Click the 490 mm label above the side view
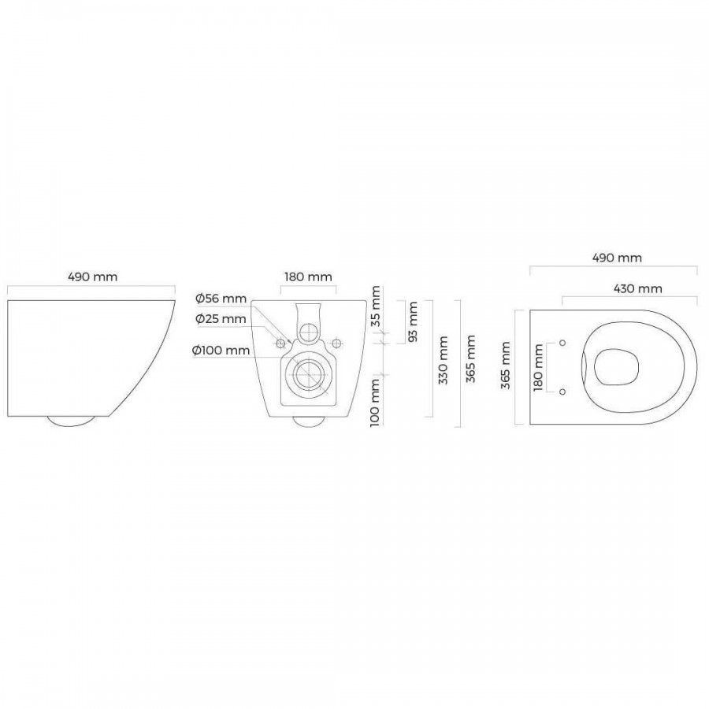[93, 277]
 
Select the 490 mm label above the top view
[617, 258]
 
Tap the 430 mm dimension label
[637, 288]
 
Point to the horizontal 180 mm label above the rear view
[308, 277]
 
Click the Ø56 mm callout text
[221, 299]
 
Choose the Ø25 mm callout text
[221, 319]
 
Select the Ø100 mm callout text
[221, 350]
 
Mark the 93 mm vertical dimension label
[412, 321]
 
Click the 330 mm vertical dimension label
[443, 360]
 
